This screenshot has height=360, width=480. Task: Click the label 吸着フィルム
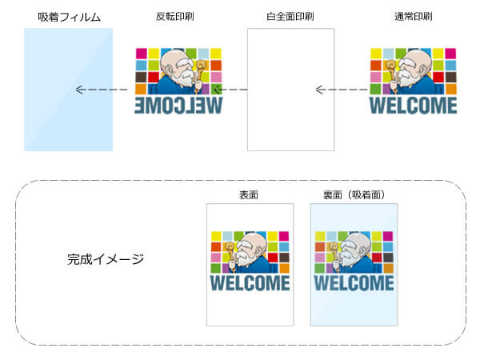click(68, 17)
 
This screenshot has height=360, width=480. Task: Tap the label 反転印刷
click(176, 17)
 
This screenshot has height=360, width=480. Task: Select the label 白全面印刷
click(290, 17)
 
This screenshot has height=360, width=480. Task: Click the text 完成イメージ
click(106, 259)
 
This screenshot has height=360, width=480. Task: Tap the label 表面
click(248, 194)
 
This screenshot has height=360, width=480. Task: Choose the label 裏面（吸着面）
click(354, 194)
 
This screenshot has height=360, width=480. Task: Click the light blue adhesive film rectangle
click(68, 90)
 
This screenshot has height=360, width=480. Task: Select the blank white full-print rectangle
click(290, 90)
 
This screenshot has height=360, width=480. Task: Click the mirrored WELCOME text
click(178, 106)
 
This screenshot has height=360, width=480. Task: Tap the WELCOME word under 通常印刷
click(413, 106)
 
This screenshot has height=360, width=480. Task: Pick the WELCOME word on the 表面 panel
click(250, 284)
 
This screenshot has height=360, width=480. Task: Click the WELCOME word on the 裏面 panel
click(354, 284)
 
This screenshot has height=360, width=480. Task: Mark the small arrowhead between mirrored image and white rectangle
click(218, 90)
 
